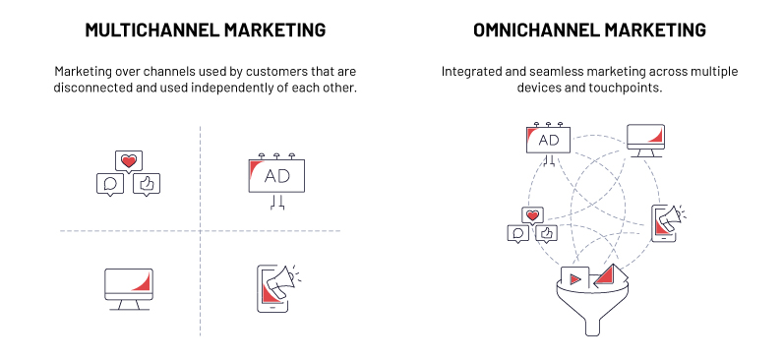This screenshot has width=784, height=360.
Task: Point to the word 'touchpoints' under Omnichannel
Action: coord(617,89)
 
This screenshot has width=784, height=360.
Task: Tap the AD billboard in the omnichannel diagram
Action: coord(549,141)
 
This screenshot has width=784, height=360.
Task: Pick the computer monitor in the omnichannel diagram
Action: coord(648,139)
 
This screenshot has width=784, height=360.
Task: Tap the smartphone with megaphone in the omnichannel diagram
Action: coord(666,223)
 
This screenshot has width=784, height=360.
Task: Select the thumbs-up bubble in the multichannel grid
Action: coord(148,182)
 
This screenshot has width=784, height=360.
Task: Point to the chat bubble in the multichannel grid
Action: coord(110,183)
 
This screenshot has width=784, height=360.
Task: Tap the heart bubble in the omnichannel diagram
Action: coord(533,215)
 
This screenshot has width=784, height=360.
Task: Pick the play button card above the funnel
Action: coord(574,277)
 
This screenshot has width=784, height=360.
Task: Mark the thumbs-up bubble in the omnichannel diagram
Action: coord(546,233)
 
